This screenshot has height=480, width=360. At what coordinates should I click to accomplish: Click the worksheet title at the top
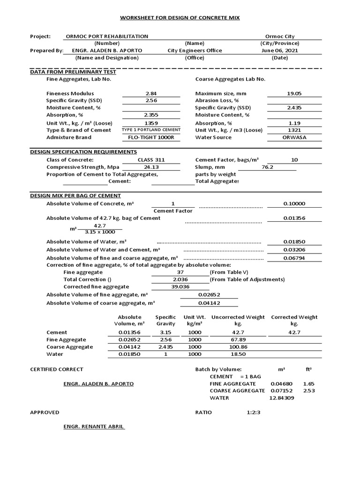pos(180,17)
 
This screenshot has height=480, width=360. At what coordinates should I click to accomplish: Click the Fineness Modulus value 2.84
pos(151,94)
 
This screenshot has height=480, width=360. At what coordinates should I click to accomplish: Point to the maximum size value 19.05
pos(294,94)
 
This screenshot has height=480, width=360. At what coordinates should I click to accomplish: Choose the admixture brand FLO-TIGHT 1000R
pos(151,137)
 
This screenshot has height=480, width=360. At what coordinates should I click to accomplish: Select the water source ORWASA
pos(294,137)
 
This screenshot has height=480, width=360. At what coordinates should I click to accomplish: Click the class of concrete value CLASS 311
pos(151,160)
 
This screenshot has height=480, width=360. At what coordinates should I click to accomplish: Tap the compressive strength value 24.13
pos(151,167)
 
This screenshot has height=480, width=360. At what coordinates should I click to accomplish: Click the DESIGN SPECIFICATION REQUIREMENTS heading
pos(83,152)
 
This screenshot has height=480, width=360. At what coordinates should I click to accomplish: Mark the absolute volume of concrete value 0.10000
pos(294,204)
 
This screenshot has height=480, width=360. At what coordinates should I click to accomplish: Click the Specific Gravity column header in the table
pos(165,321)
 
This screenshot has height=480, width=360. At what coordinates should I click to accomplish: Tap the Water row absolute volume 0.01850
pos(128,354)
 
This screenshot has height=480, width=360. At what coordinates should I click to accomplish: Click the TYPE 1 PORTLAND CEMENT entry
pos(151,130)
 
